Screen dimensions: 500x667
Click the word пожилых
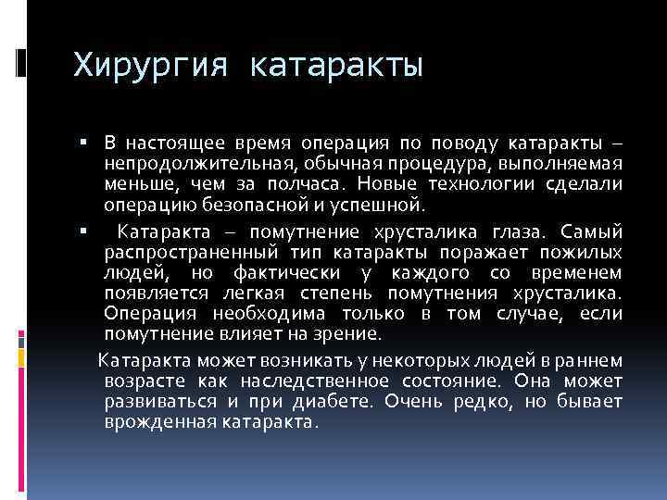(x=585, y=251)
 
